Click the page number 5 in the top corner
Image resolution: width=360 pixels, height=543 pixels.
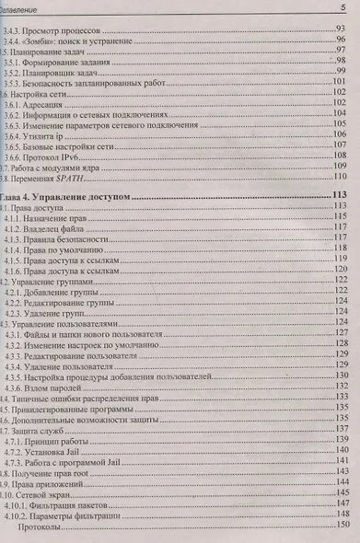(x=343, y=8)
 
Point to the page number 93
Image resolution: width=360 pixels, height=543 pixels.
(x=340, y=29)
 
